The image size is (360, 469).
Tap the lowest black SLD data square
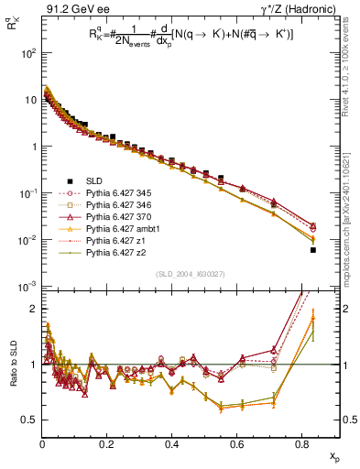point(313,249)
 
